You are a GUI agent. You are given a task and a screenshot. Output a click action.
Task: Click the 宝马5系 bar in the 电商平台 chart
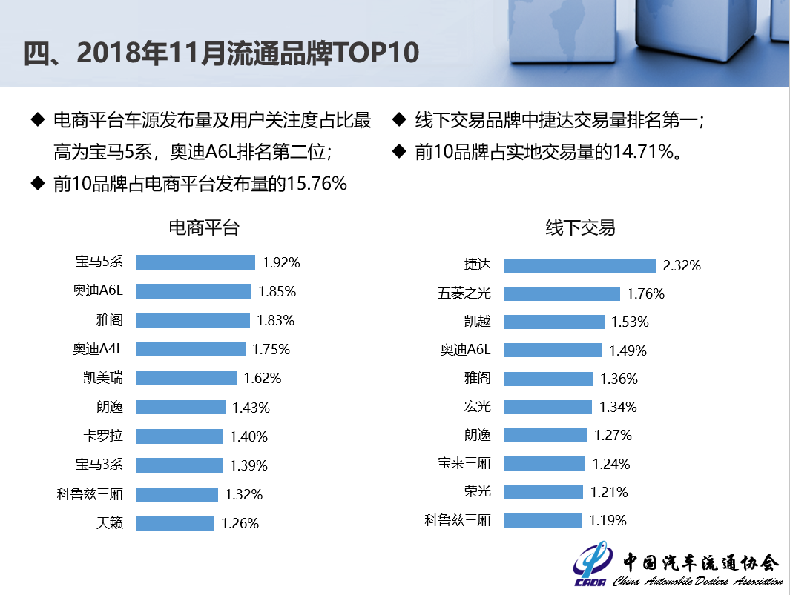(195, 262)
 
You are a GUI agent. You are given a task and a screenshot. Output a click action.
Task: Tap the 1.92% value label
(281, 262)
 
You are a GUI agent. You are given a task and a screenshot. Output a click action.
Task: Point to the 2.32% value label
(682, 265)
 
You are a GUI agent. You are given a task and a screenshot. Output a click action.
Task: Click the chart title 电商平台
(204, 227)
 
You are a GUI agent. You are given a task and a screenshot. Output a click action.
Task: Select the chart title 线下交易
(580, 227)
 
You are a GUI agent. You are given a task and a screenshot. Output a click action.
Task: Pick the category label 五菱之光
(464, 293)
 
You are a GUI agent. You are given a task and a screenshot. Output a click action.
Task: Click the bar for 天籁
(175, 523)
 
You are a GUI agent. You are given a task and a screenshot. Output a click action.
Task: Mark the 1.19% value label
(608, 520)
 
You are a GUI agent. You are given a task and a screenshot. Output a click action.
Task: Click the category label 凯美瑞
(103, 378)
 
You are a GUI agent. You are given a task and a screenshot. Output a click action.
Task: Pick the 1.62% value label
(263, 379)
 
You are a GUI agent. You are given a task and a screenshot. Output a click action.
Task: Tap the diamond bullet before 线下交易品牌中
(398, 119)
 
